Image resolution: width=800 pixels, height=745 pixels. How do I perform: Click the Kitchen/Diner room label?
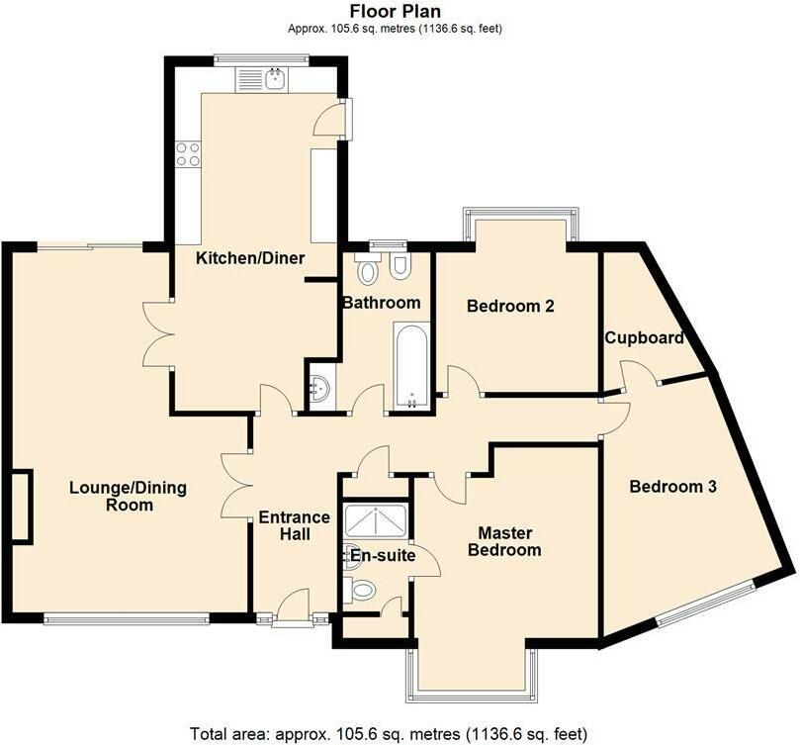(250, 258)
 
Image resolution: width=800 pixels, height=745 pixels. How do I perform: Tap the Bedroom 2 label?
(510, 306)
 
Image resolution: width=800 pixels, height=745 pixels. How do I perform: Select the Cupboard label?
(644, 338)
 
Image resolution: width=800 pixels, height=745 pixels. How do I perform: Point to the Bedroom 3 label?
(673, 486)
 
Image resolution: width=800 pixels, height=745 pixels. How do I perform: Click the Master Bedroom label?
(504, 541)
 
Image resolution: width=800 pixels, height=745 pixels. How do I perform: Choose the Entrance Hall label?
(295, 525)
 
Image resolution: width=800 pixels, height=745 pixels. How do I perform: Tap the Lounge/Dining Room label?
(129, 496)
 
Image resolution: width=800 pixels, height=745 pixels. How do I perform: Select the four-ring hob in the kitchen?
(188, 154)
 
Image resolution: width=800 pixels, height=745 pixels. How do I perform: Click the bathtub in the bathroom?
(411, 366)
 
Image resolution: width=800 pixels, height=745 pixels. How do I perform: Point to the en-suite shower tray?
(376, 521)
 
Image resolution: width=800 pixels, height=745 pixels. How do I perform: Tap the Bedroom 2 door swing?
(463, 379)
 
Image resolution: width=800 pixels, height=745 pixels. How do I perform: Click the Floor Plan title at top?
(395, 10)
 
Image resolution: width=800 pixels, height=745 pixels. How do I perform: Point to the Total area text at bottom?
(389, 734)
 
